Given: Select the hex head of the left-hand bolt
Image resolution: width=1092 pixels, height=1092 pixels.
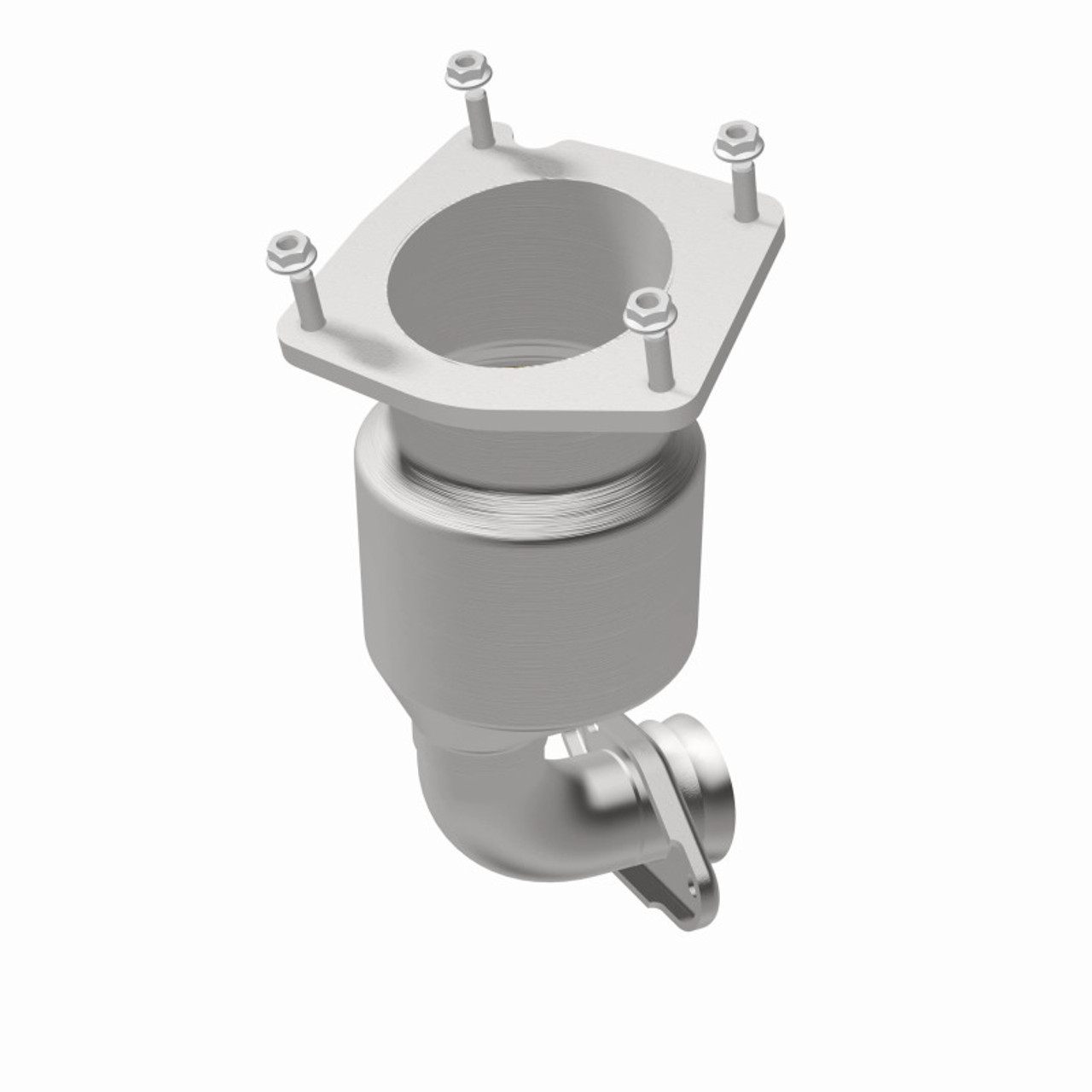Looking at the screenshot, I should click(290, 248).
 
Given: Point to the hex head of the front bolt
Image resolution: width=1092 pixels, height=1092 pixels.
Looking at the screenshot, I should click(649, 311).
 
